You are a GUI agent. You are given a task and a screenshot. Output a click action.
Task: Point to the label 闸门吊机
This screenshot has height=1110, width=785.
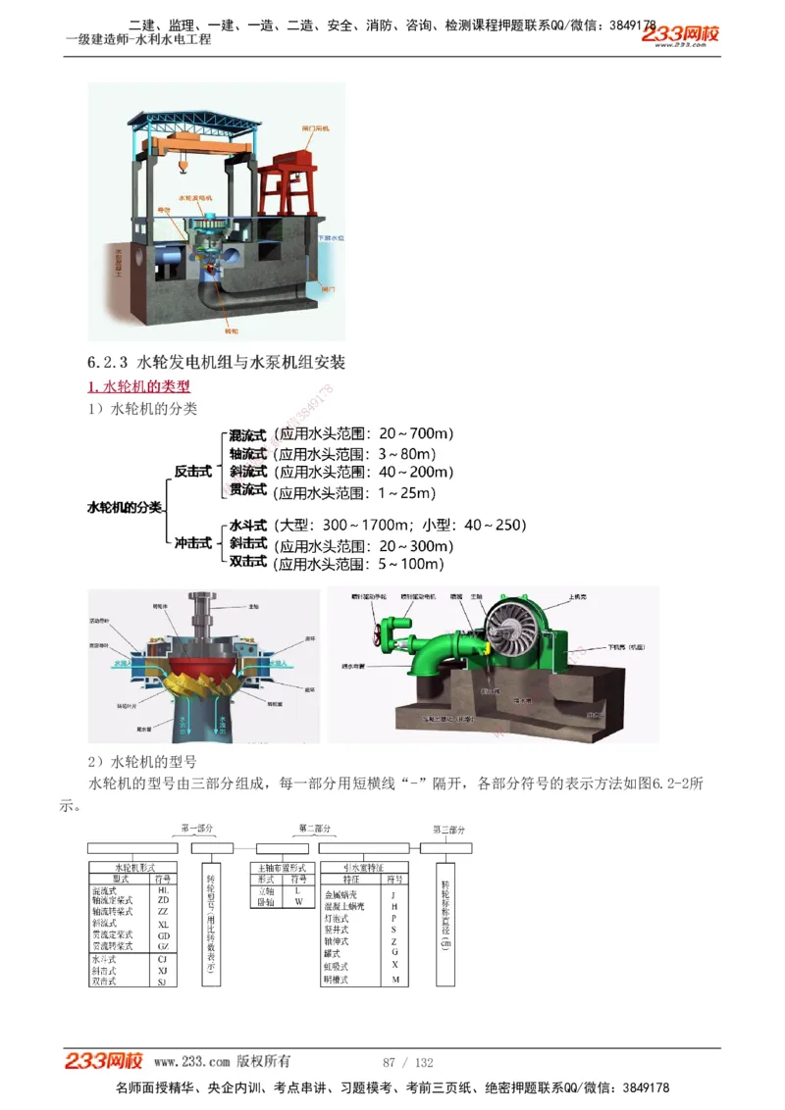316,129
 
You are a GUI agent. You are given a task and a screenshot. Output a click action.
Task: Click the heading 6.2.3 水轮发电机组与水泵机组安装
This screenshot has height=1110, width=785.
217,362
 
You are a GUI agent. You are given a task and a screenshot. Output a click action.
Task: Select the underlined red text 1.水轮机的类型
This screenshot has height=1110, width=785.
139,386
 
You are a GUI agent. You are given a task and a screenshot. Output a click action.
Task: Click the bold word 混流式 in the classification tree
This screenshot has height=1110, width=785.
247,434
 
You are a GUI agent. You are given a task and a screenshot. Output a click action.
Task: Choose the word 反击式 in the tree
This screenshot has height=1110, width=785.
192,472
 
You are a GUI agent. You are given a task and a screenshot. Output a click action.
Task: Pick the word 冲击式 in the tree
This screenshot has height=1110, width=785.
192,542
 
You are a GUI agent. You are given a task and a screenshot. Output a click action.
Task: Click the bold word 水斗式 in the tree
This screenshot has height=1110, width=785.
247,526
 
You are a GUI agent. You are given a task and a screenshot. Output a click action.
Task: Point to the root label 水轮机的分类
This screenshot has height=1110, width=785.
125,507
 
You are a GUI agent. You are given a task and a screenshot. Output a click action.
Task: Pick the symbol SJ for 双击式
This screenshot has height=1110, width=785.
163,982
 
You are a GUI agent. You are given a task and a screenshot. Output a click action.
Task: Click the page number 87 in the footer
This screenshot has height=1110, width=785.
389,1062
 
